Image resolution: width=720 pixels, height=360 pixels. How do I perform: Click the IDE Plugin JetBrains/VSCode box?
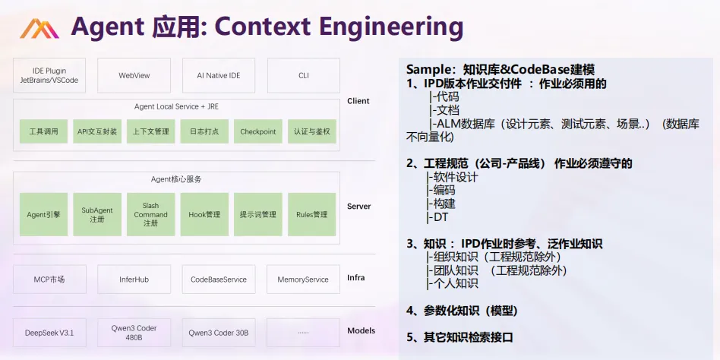(x=49, y=75)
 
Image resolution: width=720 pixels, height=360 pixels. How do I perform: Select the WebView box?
(x=134, y=75)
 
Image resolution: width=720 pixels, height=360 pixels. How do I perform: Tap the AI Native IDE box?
(x=219, y=75)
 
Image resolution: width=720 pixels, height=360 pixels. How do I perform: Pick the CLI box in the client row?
(x=304, y=75)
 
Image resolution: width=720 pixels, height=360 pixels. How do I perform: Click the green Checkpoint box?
(x=258, y=131)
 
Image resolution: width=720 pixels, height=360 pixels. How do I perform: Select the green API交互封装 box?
(x=97, y=131)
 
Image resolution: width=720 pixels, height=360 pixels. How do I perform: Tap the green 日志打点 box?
(x=204, y=131)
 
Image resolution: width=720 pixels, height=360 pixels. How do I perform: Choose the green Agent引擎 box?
(x=44, y=214)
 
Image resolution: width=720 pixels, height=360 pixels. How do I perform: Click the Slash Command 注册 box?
(x=150, y=214)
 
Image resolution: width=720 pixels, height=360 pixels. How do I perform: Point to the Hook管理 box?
(x=204, y=214)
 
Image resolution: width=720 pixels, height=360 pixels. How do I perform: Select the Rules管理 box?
(x=311, y=214)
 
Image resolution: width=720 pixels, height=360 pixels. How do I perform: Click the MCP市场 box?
(x=49, y=279)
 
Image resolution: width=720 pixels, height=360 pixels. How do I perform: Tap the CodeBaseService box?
(x=219, y=279)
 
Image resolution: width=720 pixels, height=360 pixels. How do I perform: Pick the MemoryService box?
(x=303, y=279)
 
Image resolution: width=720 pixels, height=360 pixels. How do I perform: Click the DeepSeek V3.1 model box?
(x=49, y=333)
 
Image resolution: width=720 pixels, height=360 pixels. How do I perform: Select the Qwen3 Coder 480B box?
(x=134, y=333)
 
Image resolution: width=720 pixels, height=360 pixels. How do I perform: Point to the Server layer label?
(x=358, y=207)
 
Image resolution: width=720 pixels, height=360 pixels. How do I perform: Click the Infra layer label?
(x=355, y=278)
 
